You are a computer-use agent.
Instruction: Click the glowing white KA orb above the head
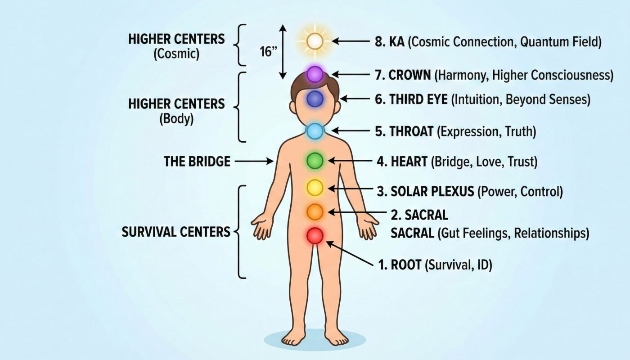coord(315,42)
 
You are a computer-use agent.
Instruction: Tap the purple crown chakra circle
coord(315,73)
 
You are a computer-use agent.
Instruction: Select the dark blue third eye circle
coord(315,99)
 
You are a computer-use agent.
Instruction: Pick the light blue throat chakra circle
coord(315,131)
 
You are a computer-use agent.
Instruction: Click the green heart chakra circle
coord(315,160)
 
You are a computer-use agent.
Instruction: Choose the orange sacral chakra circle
coord(315,211)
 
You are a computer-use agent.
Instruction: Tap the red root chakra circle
coord(315,235)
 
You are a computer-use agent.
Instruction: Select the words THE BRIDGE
coord(197,161)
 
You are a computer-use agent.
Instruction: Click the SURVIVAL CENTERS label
coord(176,232)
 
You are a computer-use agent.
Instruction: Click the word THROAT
coord(412,131)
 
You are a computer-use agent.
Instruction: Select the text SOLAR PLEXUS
coord(432,192)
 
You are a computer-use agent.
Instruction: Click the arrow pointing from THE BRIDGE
coord(254,161)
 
